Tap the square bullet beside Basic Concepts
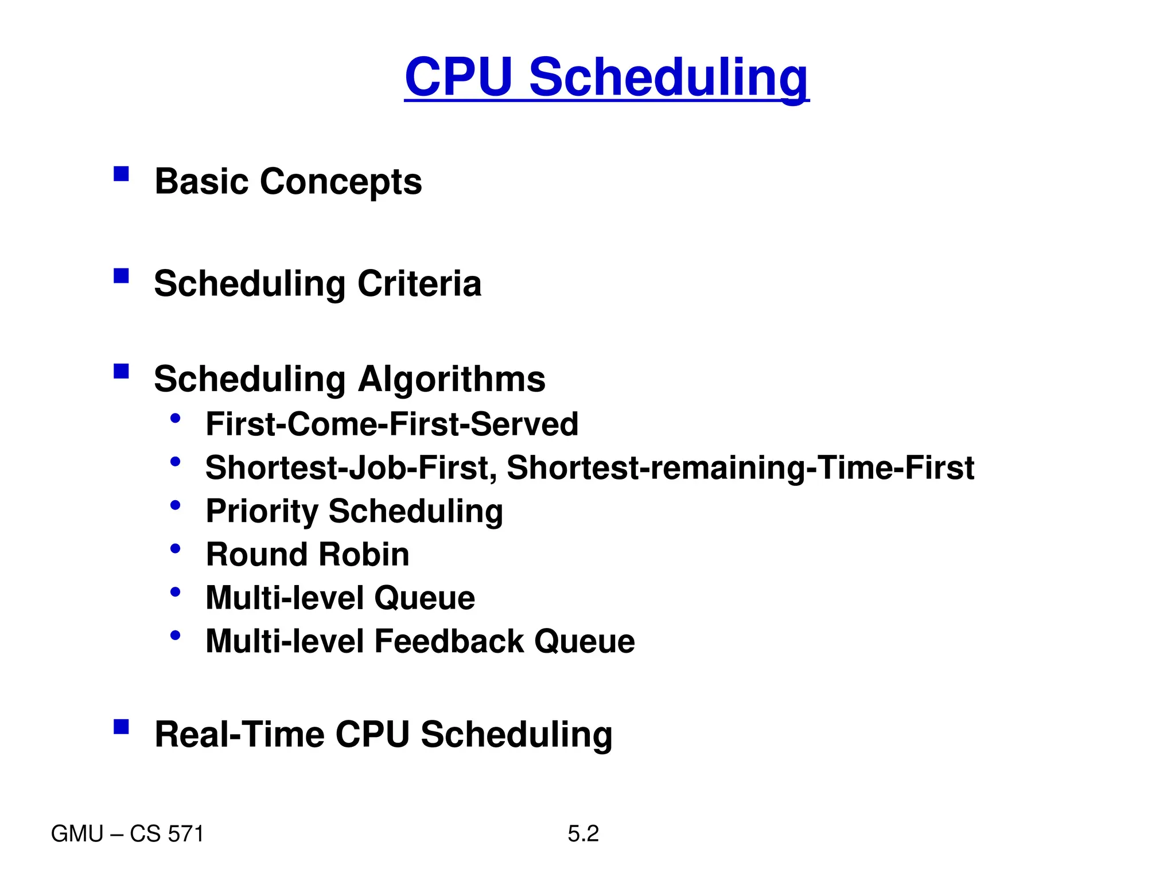[x=121, y=174]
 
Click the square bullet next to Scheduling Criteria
[x=121, y=276]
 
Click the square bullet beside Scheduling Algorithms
[x=121, y=371]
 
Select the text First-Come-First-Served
[x=392, y=424]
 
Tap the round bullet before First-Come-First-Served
[x=176, y=418]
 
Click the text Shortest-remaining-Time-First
[x=740, y=467]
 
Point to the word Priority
[x=262, y=511]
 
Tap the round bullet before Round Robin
[x=176, y=548]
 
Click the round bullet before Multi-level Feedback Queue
[x=176, y=635]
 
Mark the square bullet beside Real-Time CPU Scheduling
[x=121, y=727]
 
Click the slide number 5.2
[x=583, y=833]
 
